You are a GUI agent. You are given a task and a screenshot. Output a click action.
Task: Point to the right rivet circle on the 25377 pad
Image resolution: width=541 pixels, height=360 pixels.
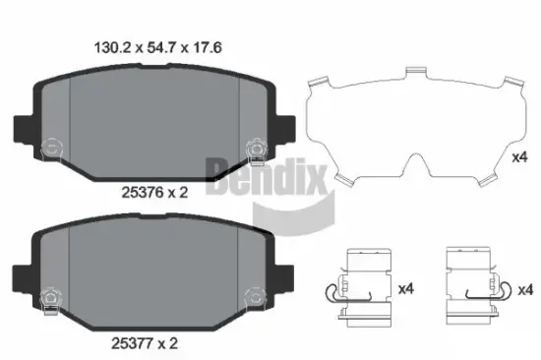point(253,293)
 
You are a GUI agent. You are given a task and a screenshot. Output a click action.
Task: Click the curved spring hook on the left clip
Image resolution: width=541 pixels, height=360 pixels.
point(331,290)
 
